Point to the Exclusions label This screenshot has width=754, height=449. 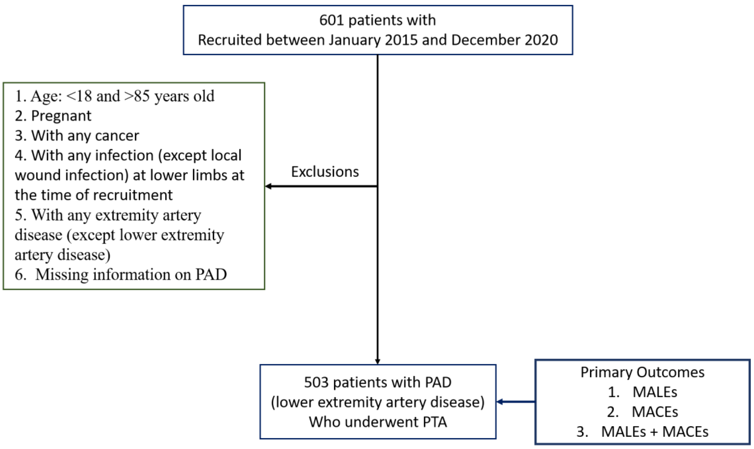pos(325,172)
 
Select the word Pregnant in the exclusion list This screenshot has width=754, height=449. pos(61,116)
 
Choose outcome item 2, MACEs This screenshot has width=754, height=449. pos(655,412)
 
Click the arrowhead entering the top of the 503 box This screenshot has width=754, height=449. pos(378,361)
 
